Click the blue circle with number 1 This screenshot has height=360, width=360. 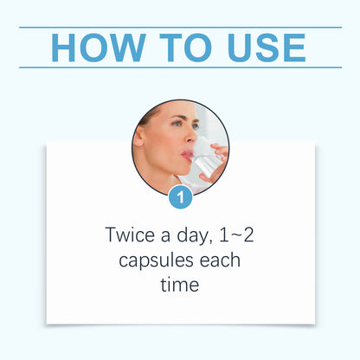(x=180, y=197)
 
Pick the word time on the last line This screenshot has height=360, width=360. (x=180, y=284)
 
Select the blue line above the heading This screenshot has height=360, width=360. (x=180, y=27)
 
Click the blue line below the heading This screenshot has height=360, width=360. (x=180, y=67)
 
